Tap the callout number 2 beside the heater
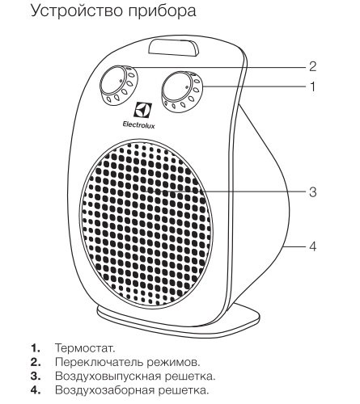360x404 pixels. click(312, 66)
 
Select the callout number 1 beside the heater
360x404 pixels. click(313, 86)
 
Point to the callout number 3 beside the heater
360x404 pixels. click(312, 192)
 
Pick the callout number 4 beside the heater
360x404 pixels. click(312, 246)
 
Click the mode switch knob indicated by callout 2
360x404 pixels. click(119, 84)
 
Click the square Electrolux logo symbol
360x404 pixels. click(143, 110)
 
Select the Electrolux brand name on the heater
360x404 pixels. click(139, 124)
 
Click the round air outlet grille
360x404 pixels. click(146, 223)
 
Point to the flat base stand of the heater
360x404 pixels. click(178, 322)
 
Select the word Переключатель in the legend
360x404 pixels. click(99, 362)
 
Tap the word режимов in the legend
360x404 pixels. click(172, 363)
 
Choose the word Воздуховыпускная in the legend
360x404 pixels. click(108, 377)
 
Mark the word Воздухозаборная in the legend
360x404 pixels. click(104, 390)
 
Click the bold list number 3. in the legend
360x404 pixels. click(36, 376)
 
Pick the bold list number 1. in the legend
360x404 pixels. click(36, 347)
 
